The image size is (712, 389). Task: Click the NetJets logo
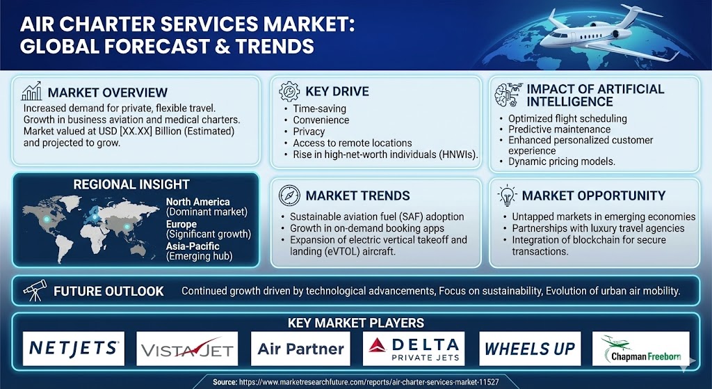74,349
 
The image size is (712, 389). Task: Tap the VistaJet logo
187,349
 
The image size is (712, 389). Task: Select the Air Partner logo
300,349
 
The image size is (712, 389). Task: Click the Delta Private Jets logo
414,349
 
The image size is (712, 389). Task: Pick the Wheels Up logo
530,349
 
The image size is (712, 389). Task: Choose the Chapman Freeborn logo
640,349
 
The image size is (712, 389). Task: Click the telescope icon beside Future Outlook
35,290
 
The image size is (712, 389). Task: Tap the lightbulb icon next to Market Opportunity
507,196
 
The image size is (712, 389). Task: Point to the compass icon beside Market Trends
289,196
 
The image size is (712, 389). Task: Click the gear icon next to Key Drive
289,91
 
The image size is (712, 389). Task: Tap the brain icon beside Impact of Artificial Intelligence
507,95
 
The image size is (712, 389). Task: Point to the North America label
197,202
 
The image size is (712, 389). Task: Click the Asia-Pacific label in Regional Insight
193,246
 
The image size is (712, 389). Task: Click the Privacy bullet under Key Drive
309,132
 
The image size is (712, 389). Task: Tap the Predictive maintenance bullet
560,129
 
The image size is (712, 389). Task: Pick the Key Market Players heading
356,323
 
